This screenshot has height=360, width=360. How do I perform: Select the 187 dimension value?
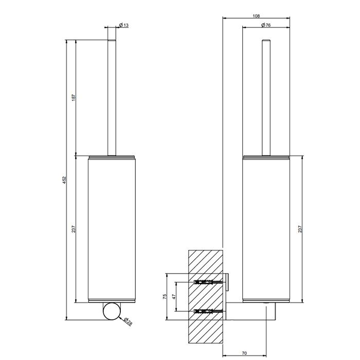coord(73,97)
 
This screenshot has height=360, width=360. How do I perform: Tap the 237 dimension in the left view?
coord(73,229)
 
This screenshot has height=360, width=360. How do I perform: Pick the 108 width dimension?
coord(256,16)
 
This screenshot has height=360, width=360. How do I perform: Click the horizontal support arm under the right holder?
coord(252,311)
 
